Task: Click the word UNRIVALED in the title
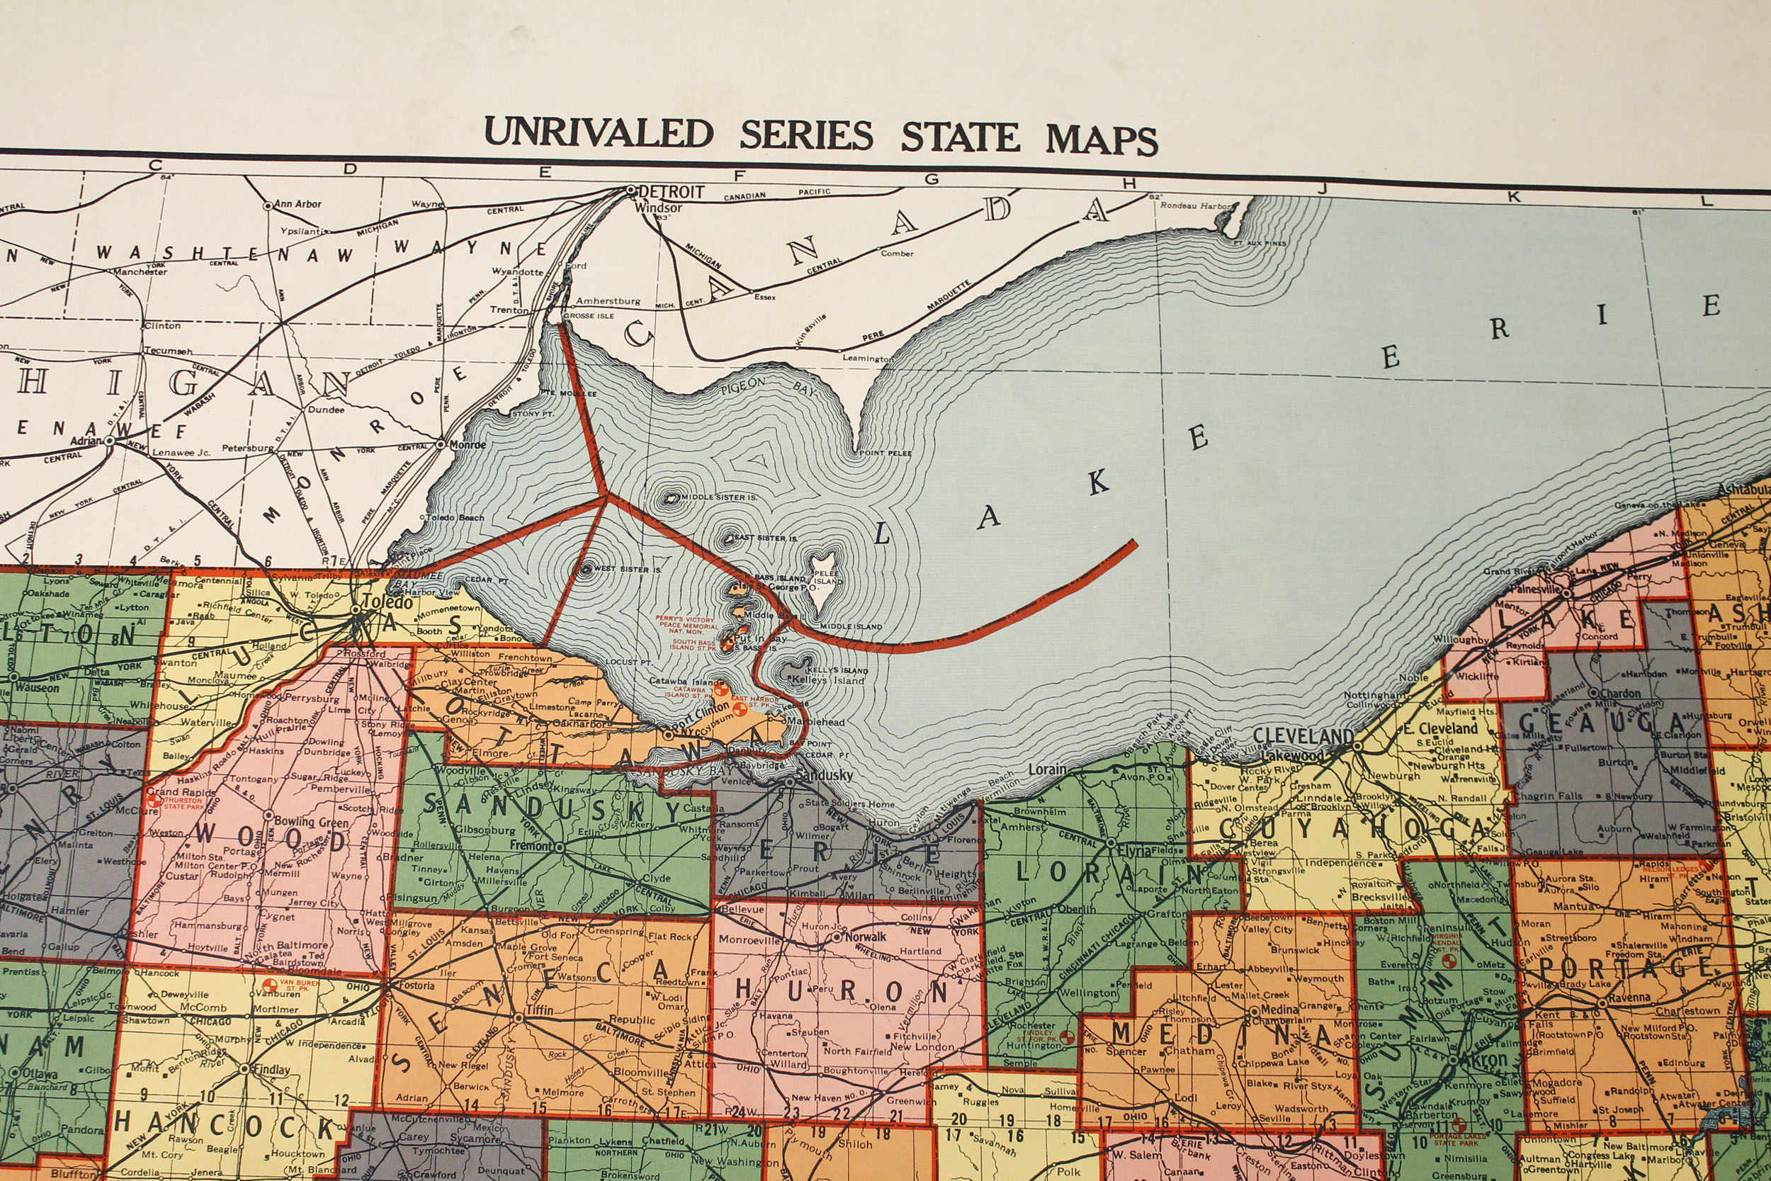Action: coord(598,133)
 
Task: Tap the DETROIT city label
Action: coord(671,192)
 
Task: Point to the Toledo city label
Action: coord(387,601)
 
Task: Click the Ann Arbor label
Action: coord(298,204)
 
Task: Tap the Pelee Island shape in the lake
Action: coord(822,584)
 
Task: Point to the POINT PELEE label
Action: coord(885,453)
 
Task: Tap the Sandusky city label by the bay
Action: coord(824,775)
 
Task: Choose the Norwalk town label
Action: coord(864,937)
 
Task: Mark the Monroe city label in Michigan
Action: coord(467,444)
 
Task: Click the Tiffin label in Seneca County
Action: coord(538,1010)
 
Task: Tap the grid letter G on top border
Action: coord(932,179)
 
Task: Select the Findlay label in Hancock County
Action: coord(271,1070)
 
